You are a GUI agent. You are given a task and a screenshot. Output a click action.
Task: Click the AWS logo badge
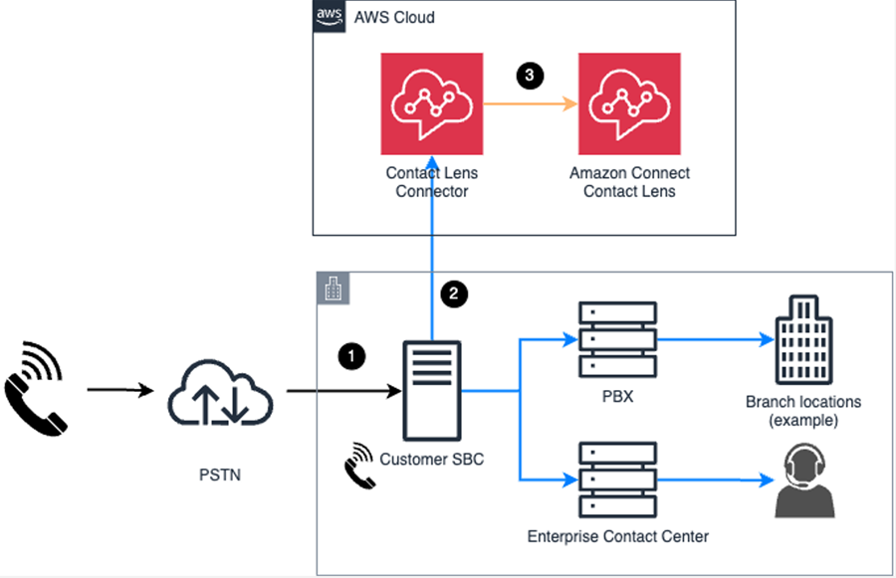point(328,17)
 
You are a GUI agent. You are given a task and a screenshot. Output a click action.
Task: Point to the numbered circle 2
point(454,293)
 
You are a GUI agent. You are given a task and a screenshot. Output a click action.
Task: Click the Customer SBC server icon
point(431,392)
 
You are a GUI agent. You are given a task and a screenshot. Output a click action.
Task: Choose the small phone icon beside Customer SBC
point(359,465)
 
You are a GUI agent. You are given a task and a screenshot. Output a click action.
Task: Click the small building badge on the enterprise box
point(331,289)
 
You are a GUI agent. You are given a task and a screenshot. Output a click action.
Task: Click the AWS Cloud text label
point(394,18)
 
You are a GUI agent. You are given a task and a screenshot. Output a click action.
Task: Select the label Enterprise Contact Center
point(617,537)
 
